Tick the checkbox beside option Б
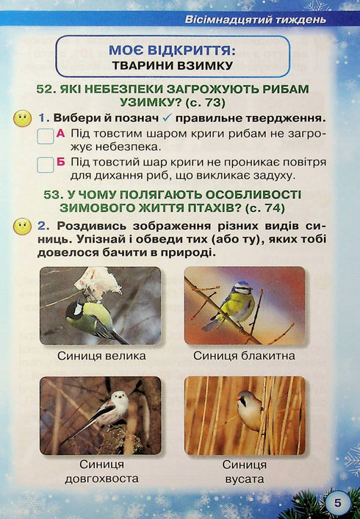point(45,165)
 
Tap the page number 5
point(337,502)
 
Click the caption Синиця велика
point(101,356)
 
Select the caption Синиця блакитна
point(245,356)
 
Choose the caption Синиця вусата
point(245,473)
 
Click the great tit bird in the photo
point(92,318)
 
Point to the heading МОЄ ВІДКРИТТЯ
point(171,50)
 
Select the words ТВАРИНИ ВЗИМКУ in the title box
point(173,65)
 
